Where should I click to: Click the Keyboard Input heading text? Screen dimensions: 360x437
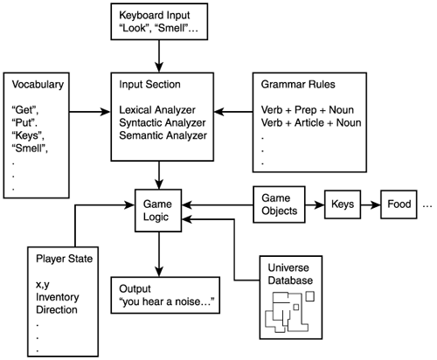(160, 15)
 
